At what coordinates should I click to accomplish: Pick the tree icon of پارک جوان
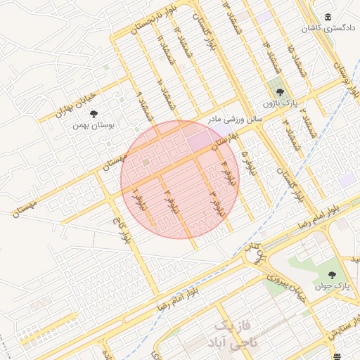tap(332, 274)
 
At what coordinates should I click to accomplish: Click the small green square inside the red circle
tap(146, 163)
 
